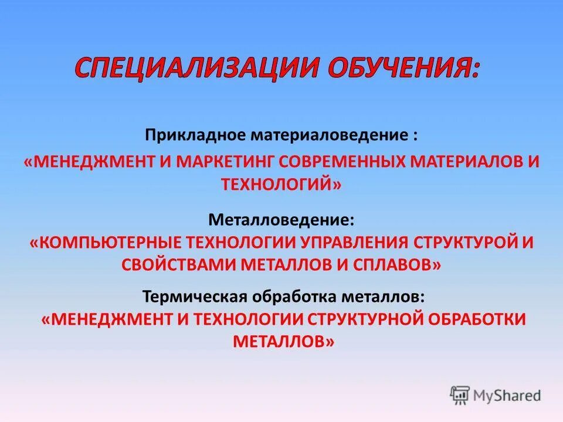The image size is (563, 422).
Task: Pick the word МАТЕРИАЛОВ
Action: click(x=467, y=162)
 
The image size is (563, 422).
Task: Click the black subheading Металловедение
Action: click(x=281, y=220)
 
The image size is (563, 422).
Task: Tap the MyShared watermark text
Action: click(x=507, y=395)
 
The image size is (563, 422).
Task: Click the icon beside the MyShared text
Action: click(x=460, y=395)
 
